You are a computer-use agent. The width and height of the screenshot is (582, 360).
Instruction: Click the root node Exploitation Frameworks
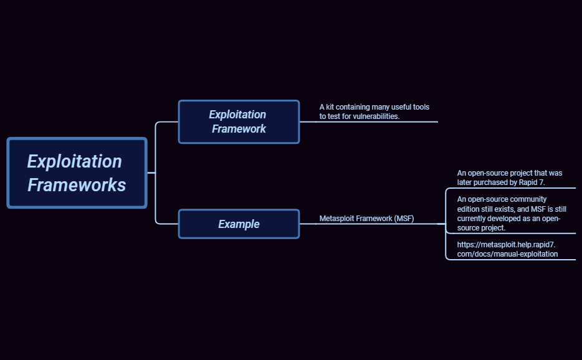tap(77, 173)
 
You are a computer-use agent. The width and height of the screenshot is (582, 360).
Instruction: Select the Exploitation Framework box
tap(239, 121)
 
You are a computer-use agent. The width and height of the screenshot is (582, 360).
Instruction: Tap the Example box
tap(239, 224)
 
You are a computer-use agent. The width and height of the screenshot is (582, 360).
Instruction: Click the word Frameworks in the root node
tap(77, 185)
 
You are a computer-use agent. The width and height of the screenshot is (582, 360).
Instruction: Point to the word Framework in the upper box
tap(239, 129)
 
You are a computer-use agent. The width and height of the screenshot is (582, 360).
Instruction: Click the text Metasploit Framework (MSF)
tap(366, 219)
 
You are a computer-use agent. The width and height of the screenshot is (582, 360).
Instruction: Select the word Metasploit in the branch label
tap(337, 219)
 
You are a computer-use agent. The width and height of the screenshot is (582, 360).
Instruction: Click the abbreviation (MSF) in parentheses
tap(404, 219)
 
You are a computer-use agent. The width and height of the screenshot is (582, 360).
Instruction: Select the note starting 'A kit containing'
tap(374, 112)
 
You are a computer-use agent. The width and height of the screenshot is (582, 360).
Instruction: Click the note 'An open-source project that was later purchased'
tap(510, 178)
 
